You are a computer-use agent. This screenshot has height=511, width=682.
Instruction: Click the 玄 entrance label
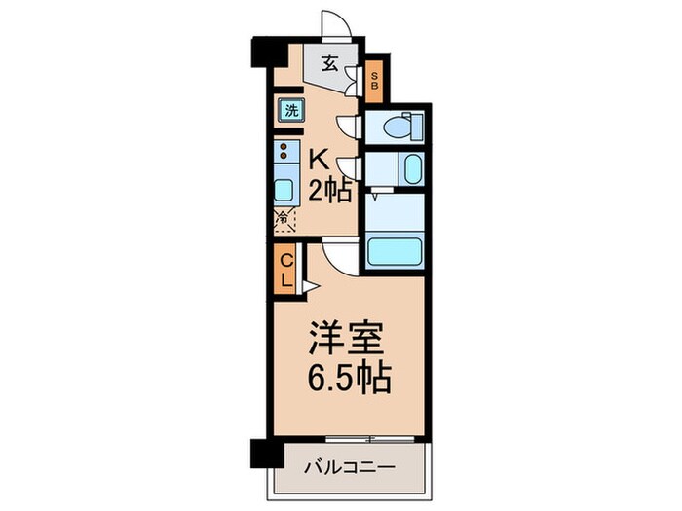pos(330,65)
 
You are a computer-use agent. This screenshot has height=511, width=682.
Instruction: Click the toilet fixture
pos(400,126)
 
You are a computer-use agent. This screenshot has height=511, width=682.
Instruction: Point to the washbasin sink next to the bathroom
pos(411,169)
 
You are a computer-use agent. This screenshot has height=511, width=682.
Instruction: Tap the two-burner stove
pos(284,153)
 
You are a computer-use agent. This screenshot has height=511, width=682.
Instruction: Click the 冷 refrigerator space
pos(284,220)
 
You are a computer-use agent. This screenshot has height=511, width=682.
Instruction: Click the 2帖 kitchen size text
pos(328,190)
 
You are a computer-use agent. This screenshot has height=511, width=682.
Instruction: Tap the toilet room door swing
pos(349,124)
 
